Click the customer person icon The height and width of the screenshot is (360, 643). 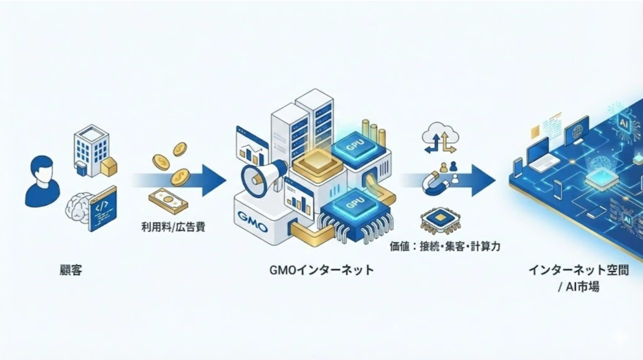[x=42, y=182]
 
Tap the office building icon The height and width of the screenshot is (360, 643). [x=91, y=151]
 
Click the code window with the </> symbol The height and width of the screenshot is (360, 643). [x=103, y=208]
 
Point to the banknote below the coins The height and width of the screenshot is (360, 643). [x=168, y=201]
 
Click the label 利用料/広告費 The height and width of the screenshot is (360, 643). [x=174, y=227]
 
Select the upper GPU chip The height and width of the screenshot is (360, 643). [x=355, y=147]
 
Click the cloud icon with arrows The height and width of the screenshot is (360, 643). [x=440, y=137]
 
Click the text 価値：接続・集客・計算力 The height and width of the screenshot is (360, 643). [x=445, y=246]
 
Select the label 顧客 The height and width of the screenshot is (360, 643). [x=71, y=270]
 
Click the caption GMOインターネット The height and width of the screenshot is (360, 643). [x=322, y=270]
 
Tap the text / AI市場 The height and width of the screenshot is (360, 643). [x=579, y=287]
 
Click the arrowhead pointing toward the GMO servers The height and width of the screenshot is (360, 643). [x=214, y=181]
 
